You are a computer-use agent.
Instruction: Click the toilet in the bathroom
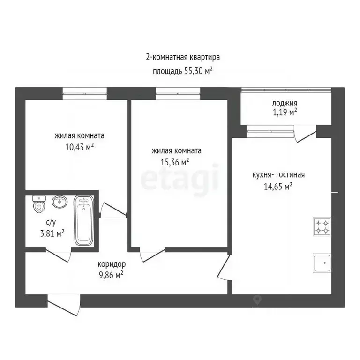[x=39, y=204]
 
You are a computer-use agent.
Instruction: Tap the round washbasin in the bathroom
[x=60, y=202]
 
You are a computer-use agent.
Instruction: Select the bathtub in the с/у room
[x=84, y=220]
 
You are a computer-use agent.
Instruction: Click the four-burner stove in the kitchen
[x=322, y=226]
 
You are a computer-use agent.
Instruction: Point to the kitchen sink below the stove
[x=322, y=263]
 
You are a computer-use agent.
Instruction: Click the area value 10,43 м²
[x=80, y=147]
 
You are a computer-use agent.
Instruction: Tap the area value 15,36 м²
[x=175, y=162]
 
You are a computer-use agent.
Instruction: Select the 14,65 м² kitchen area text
[x=278, y=186]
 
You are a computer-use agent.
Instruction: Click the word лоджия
[x=285, y=104]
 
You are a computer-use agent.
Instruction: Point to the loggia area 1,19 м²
[x=285, y=112]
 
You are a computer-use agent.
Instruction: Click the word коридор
[x=112, y=264]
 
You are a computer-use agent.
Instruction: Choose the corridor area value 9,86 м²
[x=111, y=275]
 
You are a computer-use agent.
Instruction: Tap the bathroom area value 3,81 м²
[x=52, y=233]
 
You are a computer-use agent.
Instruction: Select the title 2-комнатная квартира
[x=183, y=57]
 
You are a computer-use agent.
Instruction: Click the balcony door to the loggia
[x=305, y=134]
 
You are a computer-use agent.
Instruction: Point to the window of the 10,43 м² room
[x=85, y=94]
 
